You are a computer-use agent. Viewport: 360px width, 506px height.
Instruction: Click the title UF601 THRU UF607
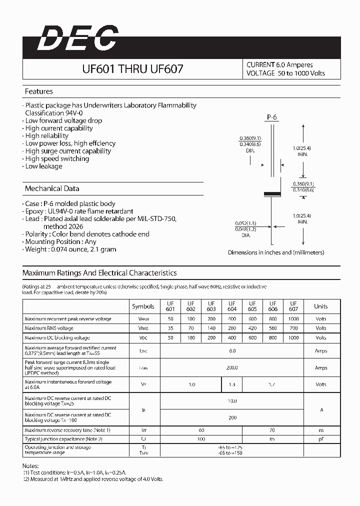click(132, 69)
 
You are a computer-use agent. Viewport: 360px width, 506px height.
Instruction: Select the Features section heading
click(39, 91)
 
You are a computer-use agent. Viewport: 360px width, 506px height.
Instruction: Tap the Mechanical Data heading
click(52, 188)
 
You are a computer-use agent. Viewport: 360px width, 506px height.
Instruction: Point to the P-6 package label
click(271, 117)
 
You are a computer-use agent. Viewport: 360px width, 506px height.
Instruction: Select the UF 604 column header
click(232, 306)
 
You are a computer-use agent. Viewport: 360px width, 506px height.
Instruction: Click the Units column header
click(321, 306)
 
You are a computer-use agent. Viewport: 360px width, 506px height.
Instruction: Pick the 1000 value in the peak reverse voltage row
click(293, 318)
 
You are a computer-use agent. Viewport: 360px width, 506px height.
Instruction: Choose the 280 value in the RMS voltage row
click(232, 328)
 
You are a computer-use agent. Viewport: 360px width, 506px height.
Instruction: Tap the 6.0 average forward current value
click(232, 350)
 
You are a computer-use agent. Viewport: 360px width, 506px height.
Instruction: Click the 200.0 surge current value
click(232, 367)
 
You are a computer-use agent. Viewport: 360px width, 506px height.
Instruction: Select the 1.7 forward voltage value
click(273, 384)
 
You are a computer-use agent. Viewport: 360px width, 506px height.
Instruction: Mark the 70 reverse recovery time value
click(273, 430)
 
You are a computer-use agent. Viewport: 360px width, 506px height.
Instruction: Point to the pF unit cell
click(321, 438)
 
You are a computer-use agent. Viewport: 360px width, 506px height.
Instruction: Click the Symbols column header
click(143, 306)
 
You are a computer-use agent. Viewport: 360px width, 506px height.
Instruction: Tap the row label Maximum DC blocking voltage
click(57, 338)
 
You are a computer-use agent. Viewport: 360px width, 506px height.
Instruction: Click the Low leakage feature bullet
click(43, 166)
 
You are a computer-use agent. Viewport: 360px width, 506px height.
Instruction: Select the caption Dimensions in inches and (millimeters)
click(276, 252)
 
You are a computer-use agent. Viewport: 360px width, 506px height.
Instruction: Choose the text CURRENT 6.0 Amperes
click(279, 64)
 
